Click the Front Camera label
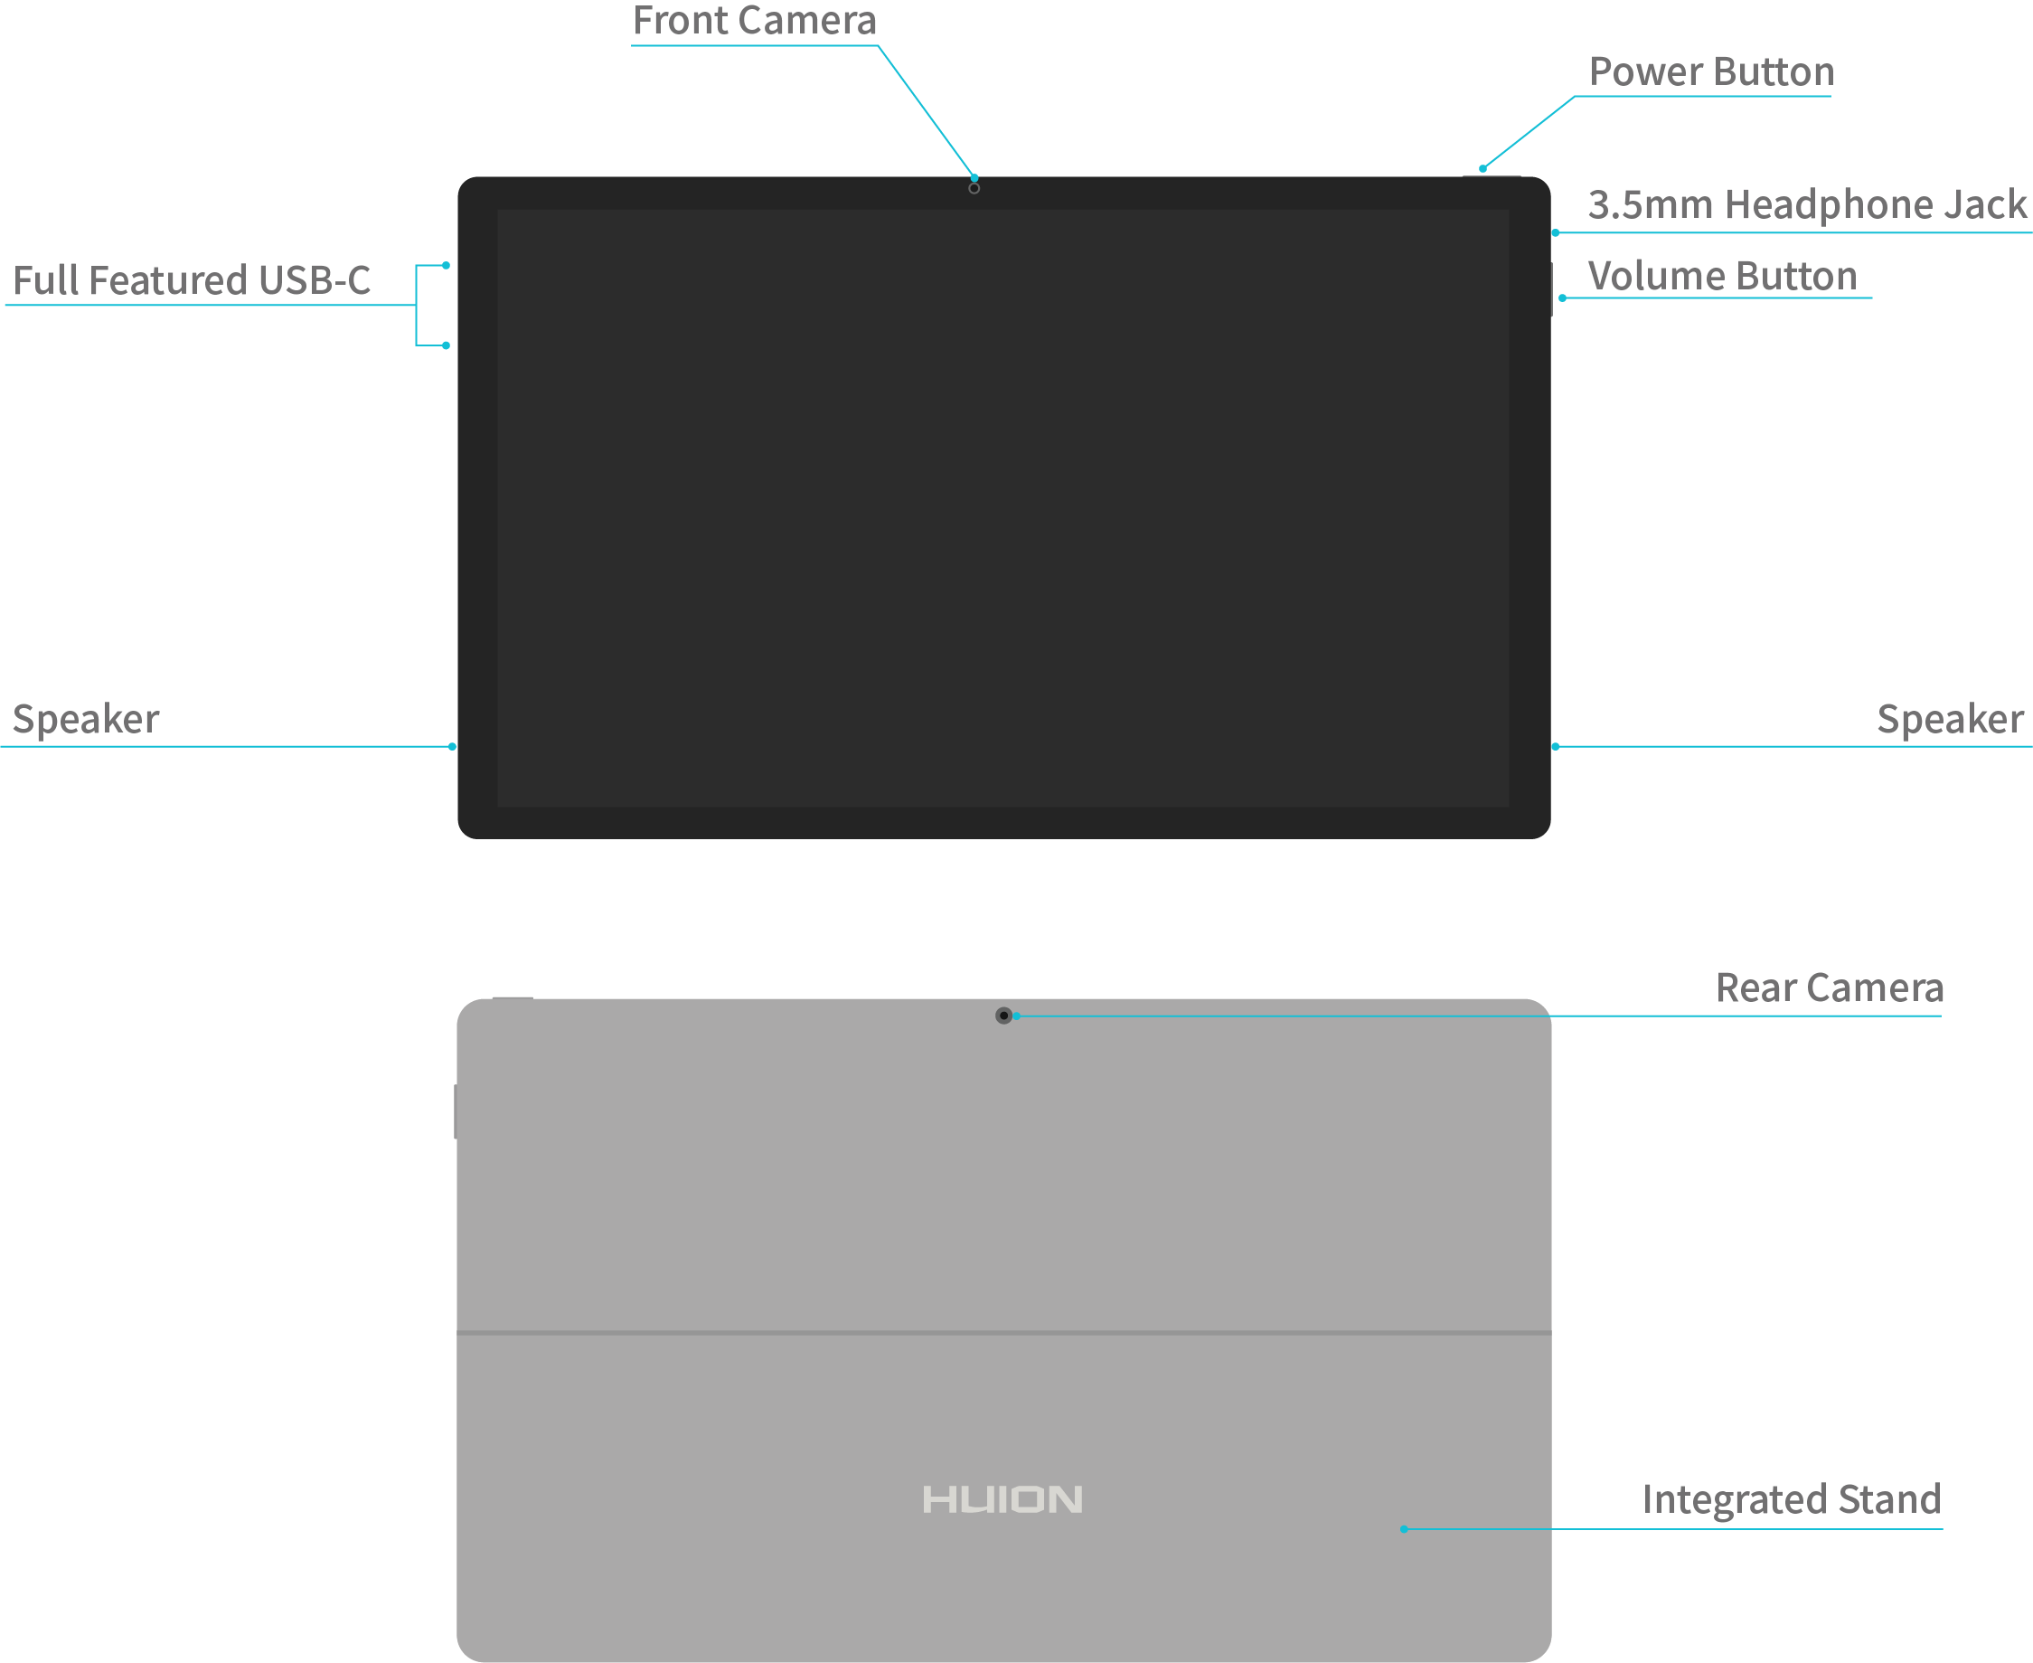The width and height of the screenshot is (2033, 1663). coord(755,21)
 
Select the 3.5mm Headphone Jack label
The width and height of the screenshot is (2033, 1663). coord(1806,205)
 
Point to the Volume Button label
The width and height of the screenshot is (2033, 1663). coord(1722,276)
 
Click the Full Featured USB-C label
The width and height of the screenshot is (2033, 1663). coord(192,280)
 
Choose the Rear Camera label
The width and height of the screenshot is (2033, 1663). coord(1829,987)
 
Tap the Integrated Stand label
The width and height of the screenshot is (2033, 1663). coord(1791,1499)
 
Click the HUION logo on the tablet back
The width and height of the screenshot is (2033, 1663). coord(1002,1499)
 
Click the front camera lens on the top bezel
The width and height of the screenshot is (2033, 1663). coord(974,189)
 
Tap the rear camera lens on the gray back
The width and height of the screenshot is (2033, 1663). coord(1003,1016)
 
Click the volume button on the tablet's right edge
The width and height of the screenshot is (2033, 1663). coord(1550,288)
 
